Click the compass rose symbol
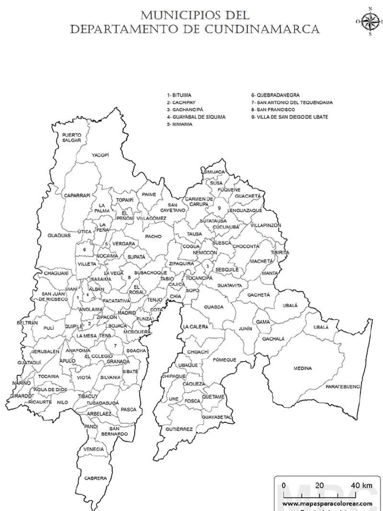tap(370, 21)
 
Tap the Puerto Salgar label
tap(72, 138)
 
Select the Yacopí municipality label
tap(100, 155)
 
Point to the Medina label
tap(303, 368)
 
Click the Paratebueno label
tap(343, 387)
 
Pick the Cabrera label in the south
tap(95, 478)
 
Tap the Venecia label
tap(94, 449)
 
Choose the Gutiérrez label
tap(180, 429)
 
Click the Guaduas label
tap(59, 235)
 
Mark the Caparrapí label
tap(77, 196)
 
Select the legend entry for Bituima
tap(179, 95)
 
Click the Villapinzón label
tap(266, 225)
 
